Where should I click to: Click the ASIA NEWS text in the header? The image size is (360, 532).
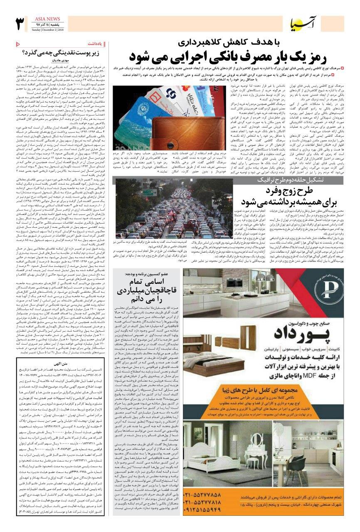pos(46,19)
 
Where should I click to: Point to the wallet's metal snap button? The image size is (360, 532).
pos(182,135)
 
